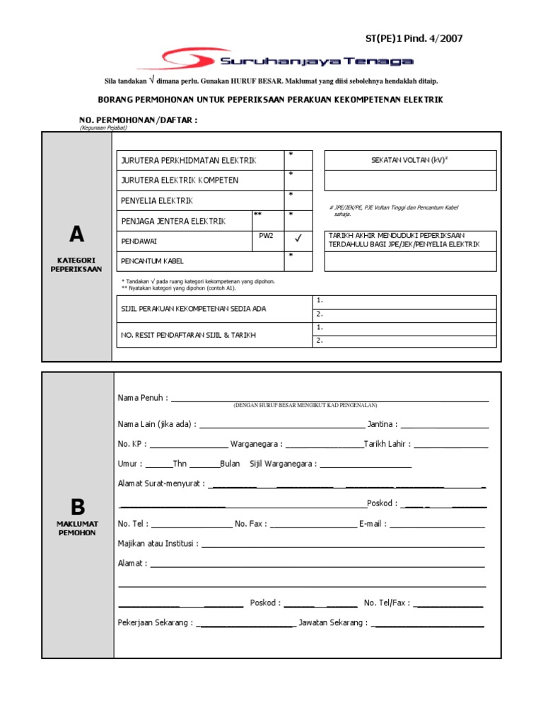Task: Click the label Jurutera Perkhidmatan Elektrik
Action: (189, 161)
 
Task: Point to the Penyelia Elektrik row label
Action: (157, 200)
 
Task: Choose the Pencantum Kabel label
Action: (153, 261)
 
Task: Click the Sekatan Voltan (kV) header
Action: (410, 161)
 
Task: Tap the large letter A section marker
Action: (76, 234)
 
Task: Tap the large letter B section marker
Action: (77, 506)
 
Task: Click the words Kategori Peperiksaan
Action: (77, 265)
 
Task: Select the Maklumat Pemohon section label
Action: (77, 528)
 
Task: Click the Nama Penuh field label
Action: (143, 398)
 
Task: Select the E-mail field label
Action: (372, 523)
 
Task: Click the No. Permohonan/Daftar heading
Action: (139, 120)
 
